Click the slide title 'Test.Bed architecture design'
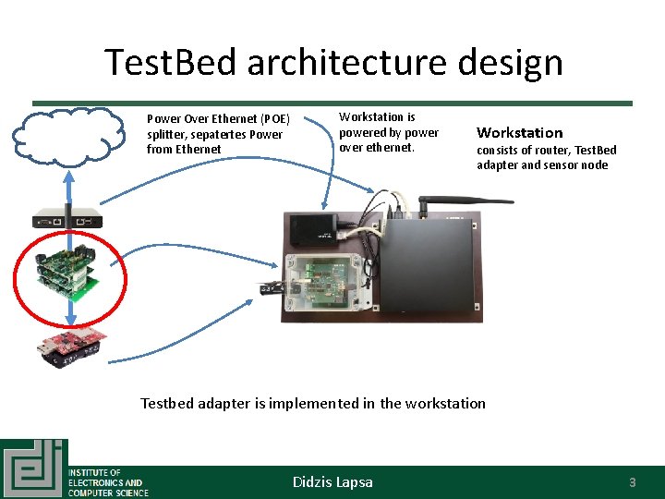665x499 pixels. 333,63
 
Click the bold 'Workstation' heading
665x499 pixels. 519,133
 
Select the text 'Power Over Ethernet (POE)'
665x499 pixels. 218,119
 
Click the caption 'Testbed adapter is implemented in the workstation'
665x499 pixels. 312,403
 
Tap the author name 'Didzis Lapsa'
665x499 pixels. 332,481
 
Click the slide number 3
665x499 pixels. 633,481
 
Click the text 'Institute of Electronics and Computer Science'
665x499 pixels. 106,482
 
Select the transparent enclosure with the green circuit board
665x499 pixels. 319,284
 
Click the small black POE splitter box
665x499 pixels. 313,227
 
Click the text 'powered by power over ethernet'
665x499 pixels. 389,140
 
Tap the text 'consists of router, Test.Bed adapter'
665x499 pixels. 546,151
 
